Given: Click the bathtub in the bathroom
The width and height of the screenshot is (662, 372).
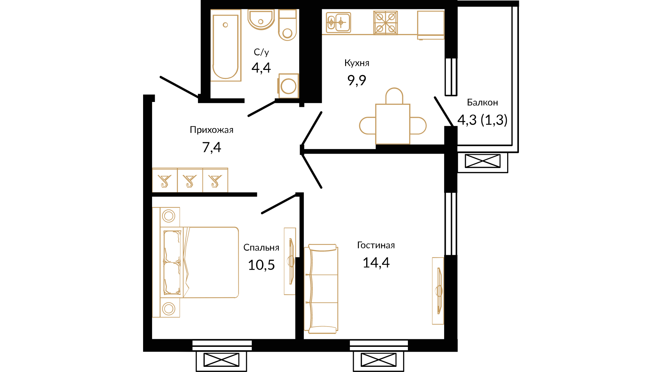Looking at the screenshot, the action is (x=225, y=45).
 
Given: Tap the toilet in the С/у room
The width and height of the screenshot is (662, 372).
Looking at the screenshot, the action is (x=288, y=25).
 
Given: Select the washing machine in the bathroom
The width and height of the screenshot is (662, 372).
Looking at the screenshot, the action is (x=288, y=86).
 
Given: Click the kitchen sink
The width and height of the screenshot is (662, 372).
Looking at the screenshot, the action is (x=338, y=23).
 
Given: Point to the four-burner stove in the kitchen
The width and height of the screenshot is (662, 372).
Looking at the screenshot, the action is (x=385, y=23).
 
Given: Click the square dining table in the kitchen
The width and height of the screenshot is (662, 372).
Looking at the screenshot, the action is (x=393, y=124).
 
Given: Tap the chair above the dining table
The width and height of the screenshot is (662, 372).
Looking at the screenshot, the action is (x=394, y=96).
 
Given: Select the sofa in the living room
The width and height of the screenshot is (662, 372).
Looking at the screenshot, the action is (x=321, y=289).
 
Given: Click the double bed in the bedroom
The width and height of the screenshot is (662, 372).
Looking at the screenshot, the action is (x=199, y=262).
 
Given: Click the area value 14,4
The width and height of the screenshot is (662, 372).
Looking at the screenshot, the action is (x=376, y=263).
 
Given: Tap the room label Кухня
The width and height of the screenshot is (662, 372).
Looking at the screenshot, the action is (x=357, y=63).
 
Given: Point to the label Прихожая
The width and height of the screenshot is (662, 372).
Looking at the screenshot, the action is (x=212, y=130).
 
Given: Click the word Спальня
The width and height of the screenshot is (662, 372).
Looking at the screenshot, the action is (x=261, y=248).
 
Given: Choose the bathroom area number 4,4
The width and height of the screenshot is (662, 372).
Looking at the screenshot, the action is (x=261, y=68).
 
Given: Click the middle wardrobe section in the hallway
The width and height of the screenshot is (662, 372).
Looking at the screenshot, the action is (x=190, y=180).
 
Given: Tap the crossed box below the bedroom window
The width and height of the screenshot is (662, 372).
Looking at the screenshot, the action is (x=221, y=360).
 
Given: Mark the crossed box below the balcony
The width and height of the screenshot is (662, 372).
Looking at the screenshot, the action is (x=482, y=161).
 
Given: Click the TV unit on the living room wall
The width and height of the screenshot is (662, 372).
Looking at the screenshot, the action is (x=438, y=291).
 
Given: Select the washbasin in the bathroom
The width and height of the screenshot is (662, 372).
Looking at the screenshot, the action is (x=261, y=19).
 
